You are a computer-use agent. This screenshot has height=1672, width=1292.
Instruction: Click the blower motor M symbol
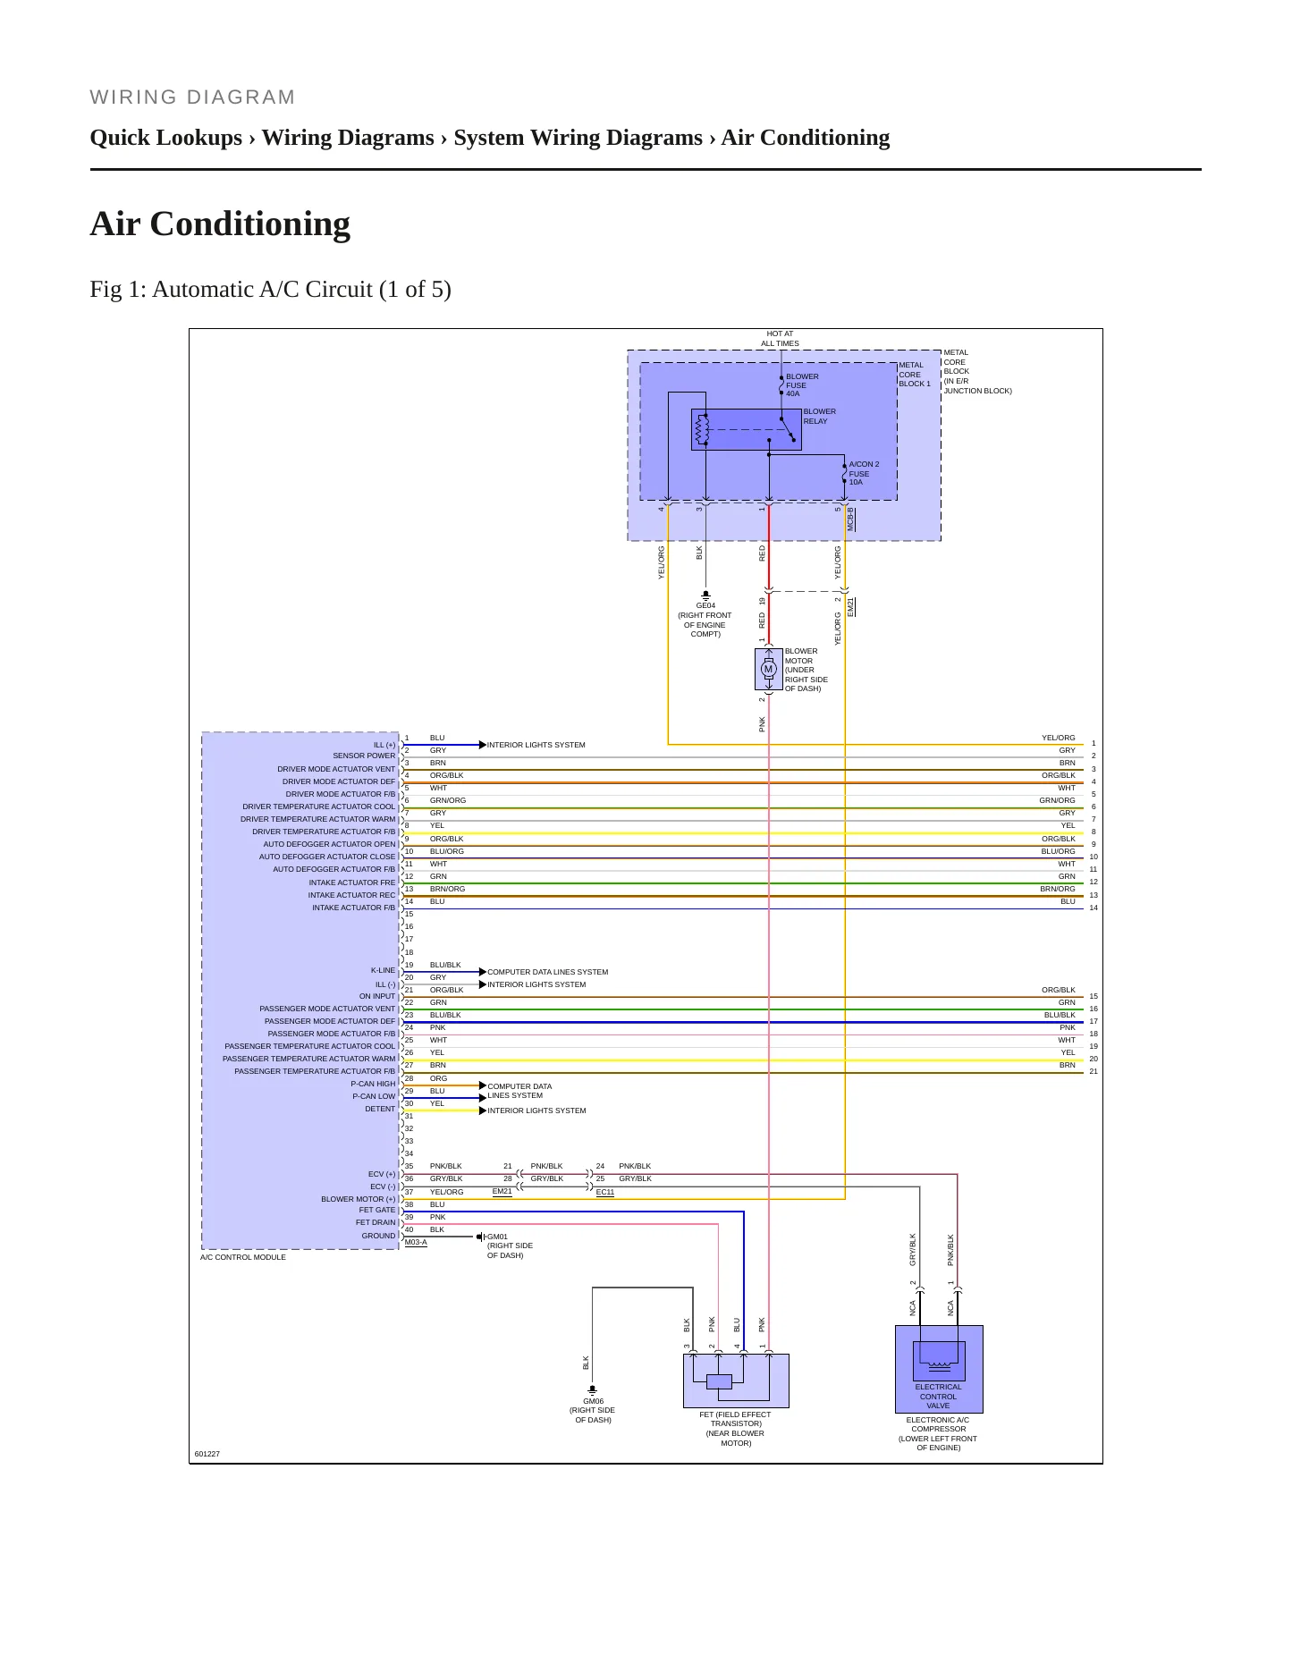[768, 669]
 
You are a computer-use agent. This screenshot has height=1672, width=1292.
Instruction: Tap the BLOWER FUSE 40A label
[802, 385]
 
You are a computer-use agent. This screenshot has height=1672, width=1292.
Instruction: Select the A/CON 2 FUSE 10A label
[864, 473]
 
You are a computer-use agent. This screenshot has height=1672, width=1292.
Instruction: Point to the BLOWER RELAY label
[819, 417]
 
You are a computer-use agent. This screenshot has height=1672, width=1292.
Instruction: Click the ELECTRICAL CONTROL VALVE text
[938, 1397]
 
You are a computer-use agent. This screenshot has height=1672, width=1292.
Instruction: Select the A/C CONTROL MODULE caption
[243, 1257]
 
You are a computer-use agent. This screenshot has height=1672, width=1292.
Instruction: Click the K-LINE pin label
[383, 970]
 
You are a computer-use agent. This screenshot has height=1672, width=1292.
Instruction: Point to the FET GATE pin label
[376, 1210]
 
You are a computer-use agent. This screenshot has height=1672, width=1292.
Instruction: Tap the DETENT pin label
[380, 1109]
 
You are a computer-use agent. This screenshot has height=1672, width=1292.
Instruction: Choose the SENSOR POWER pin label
[364, 756]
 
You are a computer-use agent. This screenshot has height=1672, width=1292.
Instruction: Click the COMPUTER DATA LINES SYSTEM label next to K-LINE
[547, 972]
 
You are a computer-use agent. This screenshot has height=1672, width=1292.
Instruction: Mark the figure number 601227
[207, 1454]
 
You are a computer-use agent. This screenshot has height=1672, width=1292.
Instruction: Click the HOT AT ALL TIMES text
[780, 339]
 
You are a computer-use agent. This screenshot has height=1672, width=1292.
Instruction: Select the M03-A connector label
[416, 1242]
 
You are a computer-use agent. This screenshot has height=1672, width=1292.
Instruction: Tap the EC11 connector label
[605, 1192]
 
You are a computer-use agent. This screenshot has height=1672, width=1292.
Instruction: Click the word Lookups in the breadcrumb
[202, 139]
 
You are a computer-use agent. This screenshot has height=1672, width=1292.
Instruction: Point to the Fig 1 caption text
[270, 290]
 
